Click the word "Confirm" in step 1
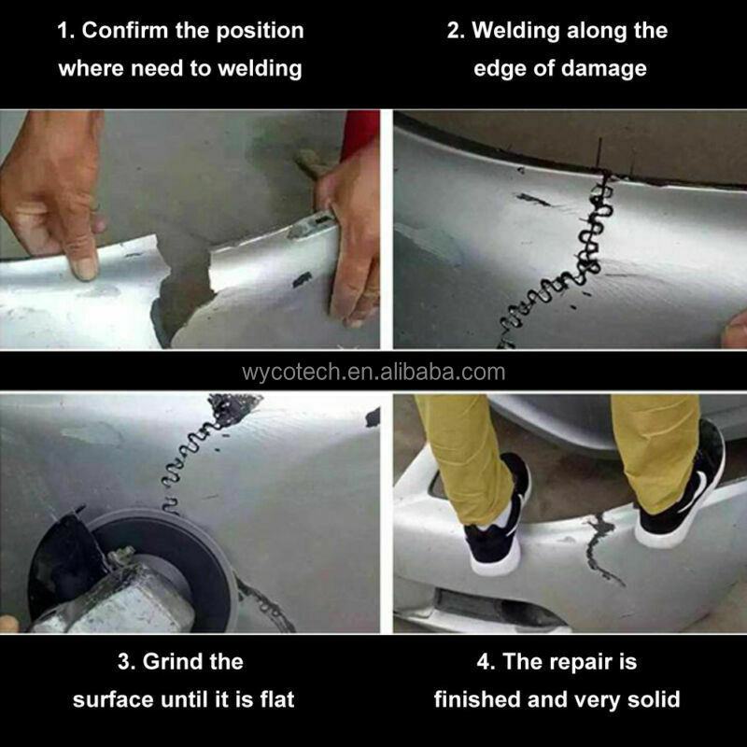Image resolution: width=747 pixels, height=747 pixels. coord(125,31)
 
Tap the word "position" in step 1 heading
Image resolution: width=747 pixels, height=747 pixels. coord(260,32)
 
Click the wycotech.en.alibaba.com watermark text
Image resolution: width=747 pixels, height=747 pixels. coord(373,372)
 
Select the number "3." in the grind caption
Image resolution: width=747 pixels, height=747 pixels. coord(126,662)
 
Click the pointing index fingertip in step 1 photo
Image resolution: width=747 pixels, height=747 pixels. coord(85,269)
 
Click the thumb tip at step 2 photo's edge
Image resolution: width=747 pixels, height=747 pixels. coord(735,331)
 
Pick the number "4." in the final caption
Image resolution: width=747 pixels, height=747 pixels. coord(486,662)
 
